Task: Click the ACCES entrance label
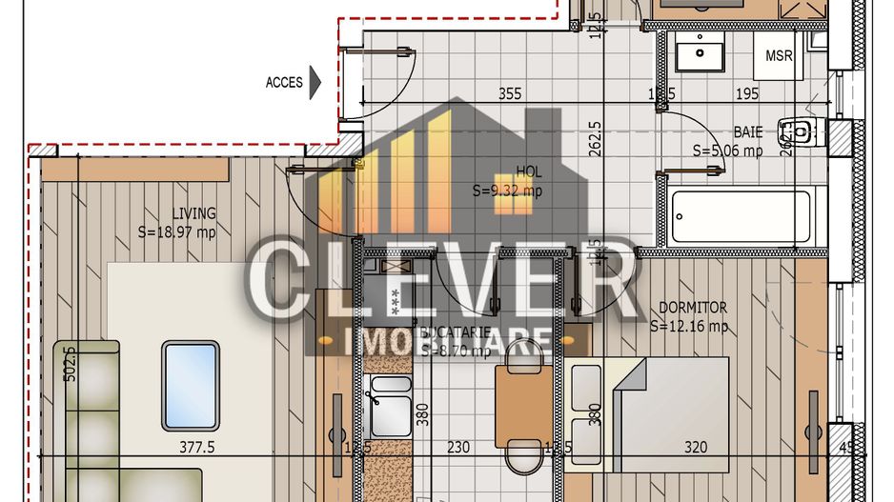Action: point(284,83)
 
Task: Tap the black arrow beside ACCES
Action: point(316,82)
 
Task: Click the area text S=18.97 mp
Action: point(177,231)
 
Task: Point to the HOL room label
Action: point(529,171)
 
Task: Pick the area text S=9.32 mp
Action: point(507,190)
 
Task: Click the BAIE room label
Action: point(747,131)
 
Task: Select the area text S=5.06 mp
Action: point(727,150)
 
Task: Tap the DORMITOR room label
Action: point(693,308)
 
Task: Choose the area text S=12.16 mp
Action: point(689,326)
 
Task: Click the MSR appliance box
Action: point(779,56)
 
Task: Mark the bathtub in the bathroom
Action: point(742,215)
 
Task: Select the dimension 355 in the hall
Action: point(510,93)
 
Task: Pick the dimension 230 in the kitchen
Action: point(458,446)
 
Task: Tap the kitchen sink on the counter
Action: point(388,404)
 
